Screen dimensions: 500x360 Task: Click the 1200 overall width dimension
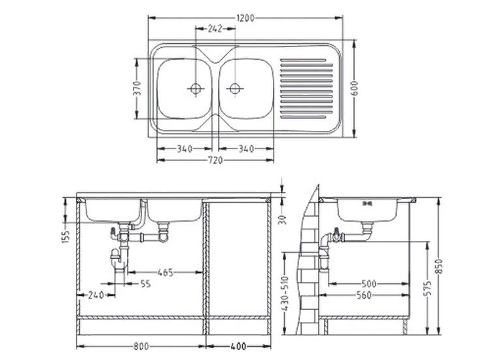(245, 18)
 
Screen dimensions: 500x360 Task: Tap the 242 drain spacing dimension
(215, 29)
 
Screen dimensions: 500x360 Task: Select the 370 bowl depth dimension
(137, 88)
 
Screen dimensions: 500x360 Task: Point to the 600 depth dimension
(354, 88)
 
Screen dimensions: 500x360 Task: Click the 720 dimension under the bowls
(215, 160)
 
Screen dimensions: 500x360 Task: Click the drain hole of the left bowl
(195, 88)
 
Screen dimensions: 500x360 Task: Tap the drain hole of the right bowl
(235, 88)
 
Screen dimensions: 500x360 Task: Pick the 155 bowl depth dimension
(65, 237)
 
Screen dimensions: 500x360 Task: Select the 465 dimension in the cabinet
(166, 272)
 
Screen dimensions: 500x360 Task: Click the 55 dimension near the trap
(145, 283)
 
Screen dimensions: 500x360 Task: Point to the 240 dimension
(96, 295)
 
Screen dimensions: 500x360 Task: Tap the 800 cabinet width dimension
(141, 346)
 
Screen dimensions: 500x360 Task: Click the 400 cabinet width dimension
(238, 346)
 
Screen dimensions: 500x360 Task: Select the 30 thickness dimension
(283, 219)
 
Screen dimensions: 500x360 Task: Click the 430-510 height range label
(285, 293)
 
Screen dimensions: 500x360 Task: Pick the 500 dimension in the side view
(369, 283)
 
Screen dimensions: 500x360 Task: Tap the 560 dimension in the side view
(364, 295)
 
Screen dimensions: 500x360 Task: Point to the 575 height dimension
(428, 288)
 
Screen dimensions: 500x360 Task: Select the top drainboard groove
(303, 60)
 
